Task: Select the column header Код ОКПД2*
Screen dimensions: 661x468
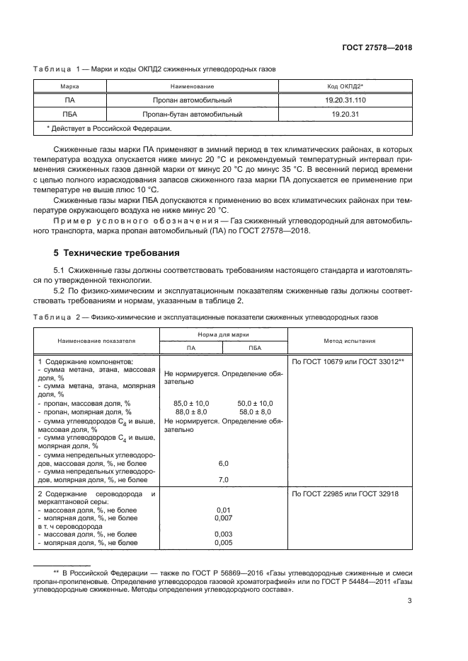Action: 343,86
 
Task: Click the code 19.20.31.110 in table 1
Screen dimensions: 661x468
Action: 343,100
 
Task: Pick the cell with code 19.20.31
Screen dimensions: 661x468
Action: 343,113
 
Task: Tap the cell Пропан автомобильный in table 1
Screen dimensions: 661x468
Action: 192,100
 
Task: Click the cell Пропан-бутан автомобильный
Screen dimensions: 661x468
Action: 192,113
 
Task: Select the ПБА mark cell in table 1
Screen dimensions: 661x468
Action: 69,113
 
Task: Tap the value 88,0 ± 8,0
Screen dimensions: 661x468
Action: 191,411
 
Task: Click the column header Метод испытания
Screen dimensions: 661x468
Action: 350,340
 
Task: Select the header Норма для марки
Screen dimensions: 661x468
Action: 224,333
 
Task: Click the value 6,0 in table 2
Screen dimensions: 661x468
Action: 224,463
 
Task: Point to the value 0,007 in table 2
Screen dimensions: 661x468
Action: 224,517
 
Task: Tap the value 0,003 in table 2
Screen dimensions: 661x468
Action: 224,534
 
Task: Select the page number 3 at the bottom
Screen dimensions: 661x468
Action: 409,602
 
